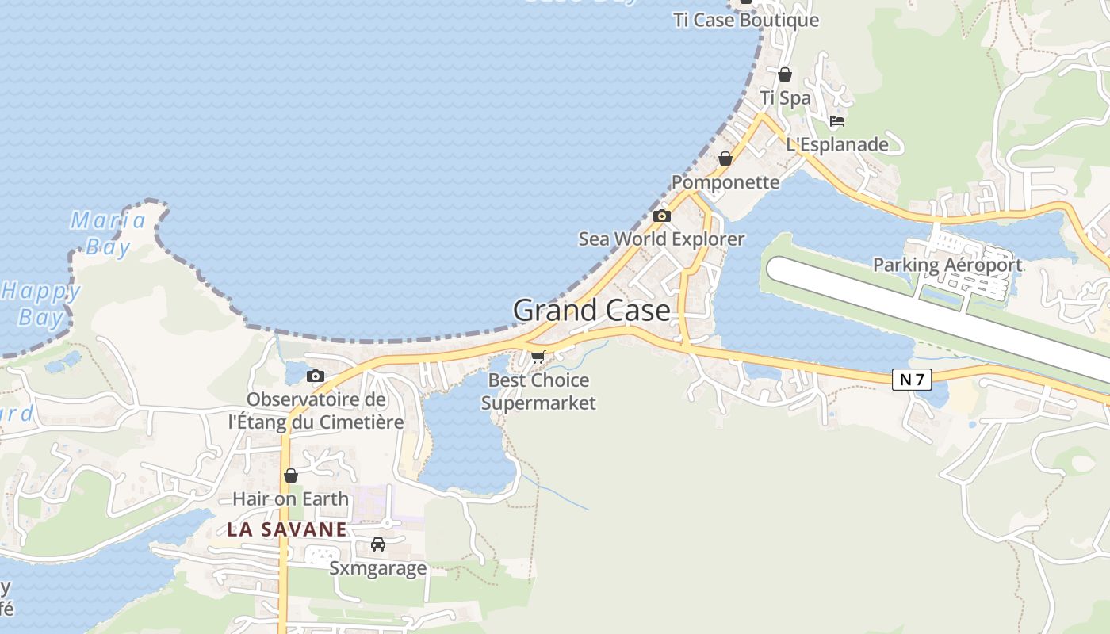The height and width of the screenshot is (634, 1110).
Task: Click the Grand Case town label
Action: coord(591,310)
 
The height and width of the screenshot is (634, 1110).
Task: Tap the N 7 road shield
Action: coord(912,380)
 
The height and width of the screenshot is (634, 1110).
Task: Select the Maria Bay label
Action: coord(108,233)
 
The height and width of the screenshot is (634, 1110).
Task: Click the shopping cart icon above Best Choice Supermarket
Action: coord(538,357)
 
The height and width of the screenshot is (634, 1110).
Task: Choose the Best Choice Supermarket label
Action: coord(538,391)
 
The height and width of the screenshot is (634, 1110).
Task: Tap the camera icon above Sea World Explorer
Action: coord(662,216)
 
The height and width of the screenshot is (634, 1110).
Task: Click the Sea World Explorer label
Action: coord(661,239)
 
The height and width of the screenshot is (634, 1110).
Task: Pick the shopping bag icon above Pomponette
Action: coord(725,158)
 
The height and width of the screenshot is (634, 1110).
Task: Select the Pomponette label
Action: coord(725,182)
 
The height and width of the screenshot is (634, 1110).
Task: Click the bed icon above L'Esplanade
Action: coord(837,121)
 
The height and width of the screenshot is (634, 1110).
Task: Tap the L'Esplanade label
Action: coord(837,144)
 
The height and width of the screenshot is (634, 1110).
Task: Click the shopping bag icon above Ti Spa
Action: coord(785,74)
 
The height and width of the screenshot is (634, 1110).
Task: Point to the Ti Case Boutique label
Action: coord(745,20)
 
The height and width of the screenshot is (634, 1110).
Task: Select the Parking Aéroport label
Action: coord(947,265)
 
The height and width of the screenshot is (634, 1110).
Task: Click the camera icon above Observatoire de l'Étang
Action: coord(316,376)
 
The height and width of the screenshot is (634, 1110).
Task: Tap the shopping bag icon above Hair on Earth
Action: coord(291,475)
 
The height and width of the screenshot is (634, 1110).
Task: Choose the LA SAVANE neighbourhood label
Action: coord(287,529)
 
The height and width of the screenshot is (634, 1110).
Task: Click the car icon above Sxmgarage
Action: coord(378,544)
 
